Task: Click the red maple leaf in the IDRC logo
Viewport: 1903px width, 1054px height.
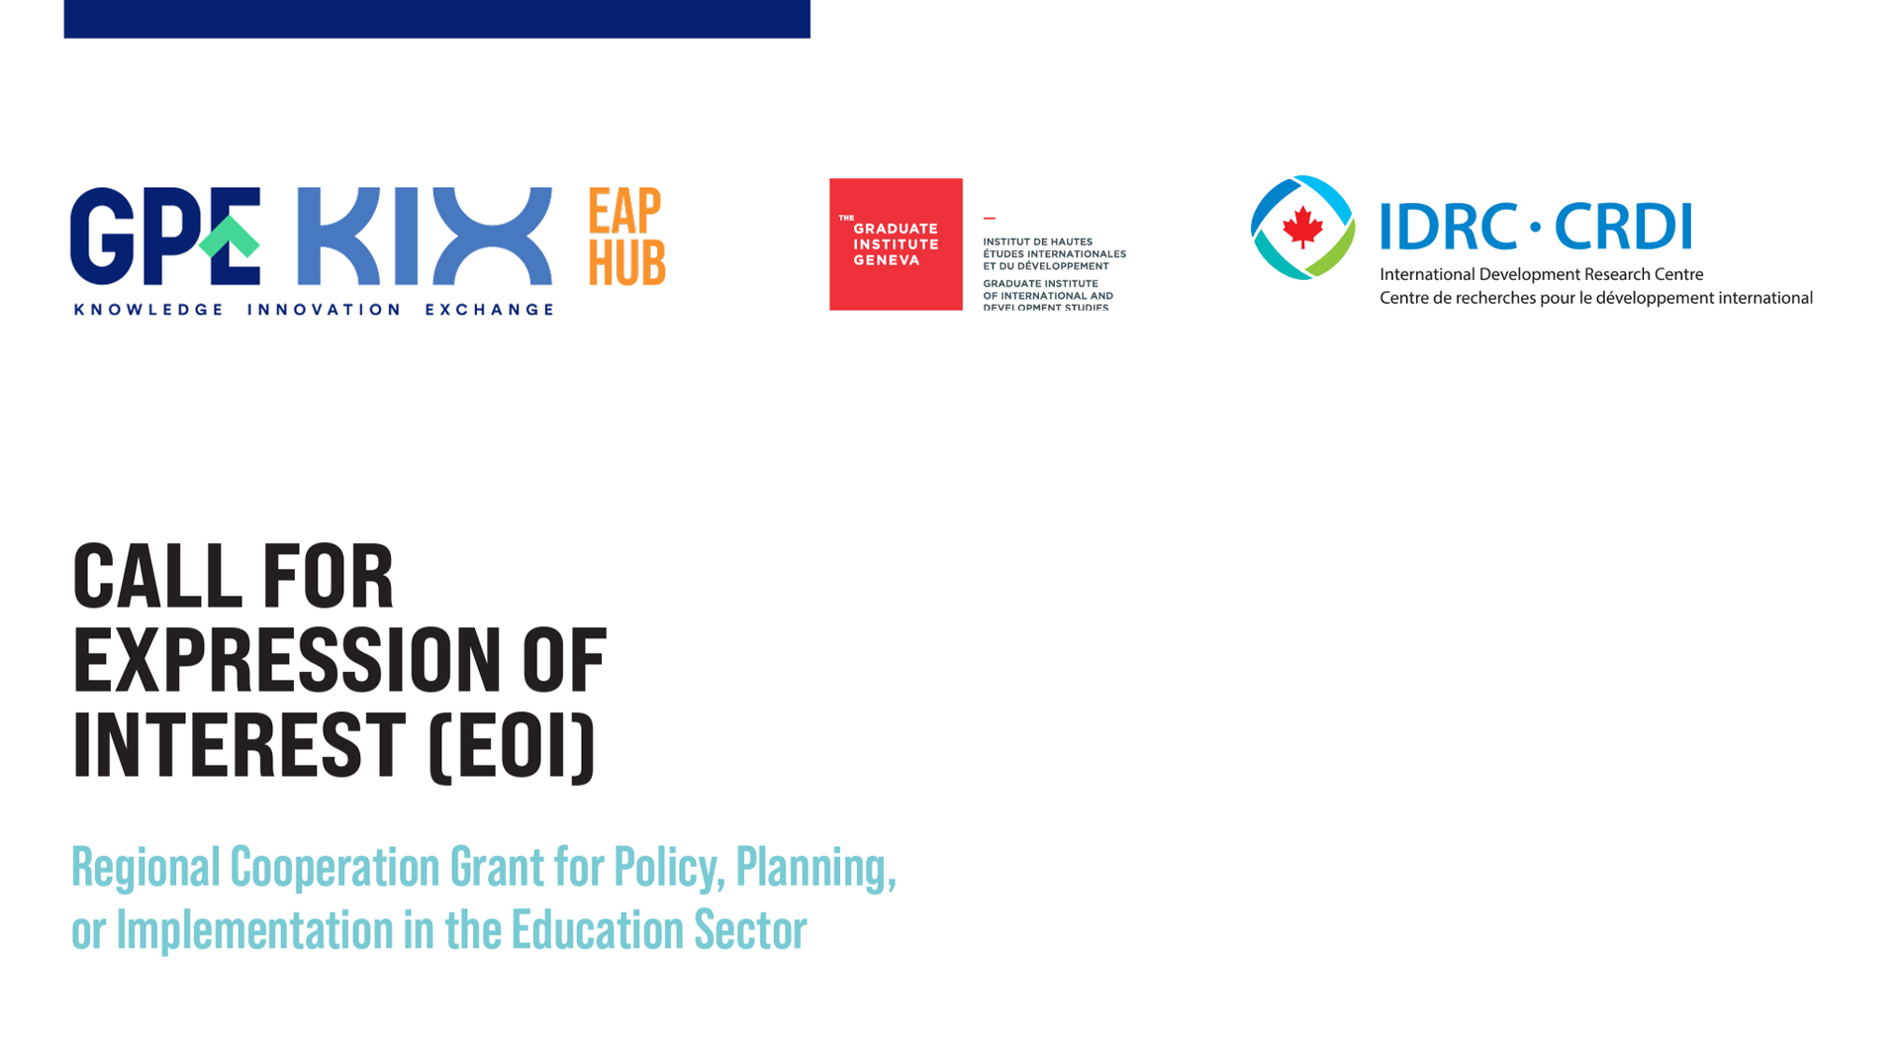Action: pos(1302,228)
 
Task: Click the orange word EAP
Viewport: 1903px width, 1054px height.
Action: pos(624,211)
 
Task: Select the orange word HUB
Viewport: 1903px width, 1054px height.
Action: pos(627,262)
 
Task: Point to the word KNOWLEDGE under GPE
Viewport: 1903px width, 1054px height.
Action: pos(148,310)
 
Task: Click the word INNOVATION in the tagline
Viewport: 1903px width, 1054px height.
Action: pos(324,310)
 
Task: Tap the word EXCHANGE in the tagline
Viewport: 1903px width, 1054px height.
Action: pos(489,310)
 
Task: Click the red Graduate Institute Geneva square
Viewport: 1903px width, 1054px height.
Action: pos(896,244)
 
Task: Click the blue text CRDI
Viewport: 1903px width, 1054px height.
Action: pos(1623,227)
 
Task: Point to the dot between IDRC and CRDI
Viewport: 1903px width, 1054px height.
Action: pos(1536,227)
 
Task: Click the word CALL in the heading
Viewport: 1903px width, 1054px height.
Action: pos(156,576)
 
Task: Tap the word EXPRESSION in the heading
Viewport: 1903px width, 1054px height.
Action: pos(287,660)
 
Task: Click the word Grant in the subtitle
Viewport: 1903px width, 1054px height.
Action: pos(497,867)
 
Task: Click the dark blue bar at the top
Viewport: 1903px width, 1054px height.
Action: pos(436,19)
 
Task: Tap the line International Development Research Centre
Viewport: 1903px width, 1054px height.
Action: pos(1541,274)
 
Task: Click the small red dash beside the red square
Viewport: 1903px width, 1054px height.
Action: pos(989,218)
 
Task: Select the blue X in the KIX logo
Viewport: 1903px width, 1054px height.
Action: pos(492,237)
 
